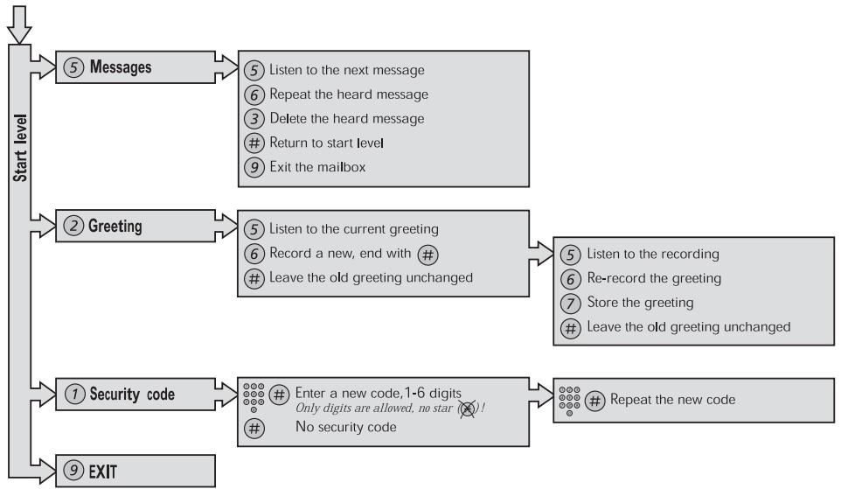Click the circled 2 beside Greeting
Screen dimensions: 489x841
point(72,226)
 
